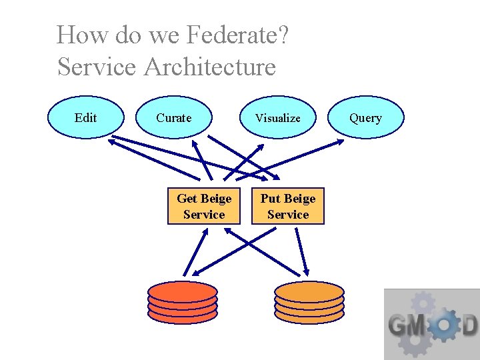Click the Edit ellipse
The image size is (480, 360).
tap(86, 117)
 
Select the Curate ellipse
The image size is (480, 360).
tap(174, 117)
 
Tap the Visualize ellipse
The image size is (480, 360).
tap(278, 117)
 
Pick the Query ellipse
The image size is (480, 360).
tap(366, 117)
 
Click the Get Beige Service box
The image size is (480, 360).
tap(203, 206)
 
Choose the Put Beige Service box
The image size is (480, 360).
tap(288, 206)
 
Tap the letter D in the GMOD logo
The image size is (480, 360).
tap(469, 326)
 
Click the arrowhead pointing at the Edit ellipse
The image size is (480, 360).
tap(113, 141)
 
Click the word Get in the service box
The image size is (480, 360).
tap(187, 199)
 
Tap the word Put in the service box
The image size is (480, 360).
tap(271, 199)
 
